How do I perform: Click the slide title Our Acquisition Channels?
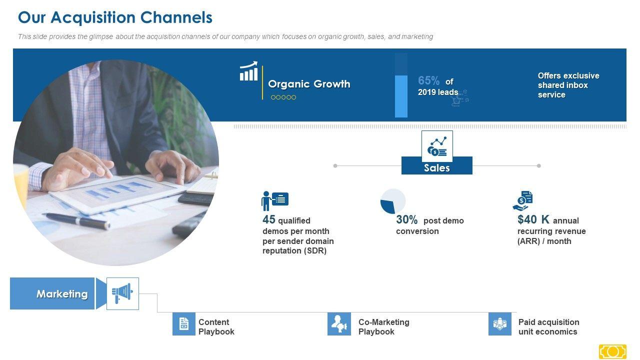[115, 17]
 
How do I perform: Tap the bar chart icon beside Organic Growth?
[248, 71]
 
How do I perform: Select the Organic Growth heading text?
[309, 84]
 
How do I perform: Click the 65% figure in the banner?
[428, 80]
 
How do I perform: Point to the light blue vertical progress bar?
[401, 96]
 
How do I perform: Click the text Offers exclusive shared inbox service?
[568, 85]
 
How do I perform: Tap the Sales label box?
[437, 165]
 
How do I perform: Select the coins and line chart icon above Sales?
[437, 146]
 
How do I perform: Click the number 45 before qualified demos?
[269, 219]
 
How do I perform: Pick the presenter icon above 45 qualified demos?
[274, 201]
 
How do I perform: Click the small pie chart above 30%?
[393, 201]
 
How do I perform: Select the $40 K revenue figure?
[533, 219]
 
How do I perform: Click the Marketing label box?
[52, 293]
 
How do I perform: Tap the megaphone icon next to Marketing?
[122, 293]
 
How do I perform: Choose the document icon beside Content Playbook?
[183, 323]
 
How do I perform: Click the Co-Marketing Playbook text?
[383, 327]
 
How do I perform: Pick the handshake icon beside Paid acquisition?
[499, 323]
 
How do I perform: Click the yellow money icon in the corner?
[612, 352]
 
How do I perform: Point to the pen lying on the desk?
[76, 221]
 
